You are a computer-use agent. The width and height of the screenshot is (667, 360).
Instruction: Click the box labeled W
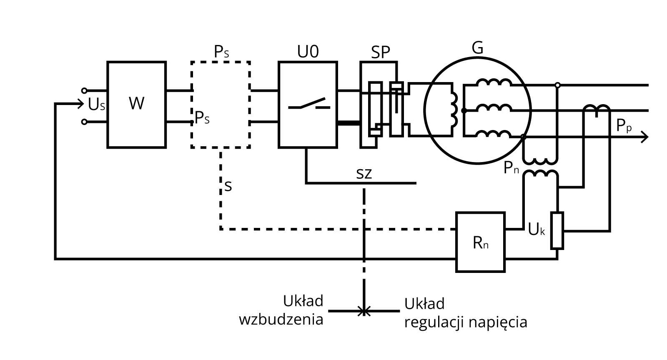tap(136, 104)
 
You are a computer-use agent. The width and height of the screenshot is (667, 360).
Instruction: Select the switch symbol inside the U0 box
tap(309, 104)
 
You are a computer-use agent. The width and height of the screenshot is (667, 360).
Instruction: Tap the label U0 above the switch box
tap(308, 52)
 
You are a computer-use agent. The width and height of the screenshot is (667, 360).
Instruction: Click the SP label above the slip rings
tap(380, 52)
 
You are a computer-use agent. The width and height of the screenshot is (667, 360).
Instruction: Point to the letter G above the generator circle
tap(477, 48)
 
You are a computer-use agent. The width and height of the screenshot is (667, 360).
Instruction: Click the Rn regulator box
tap(480, 242)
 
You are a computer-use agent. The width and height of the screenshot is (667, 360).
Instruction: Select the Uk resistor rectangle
tap(557, 230)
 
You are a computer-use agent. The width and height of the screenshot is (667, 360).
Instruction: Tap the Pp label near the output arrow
tap(624, 125)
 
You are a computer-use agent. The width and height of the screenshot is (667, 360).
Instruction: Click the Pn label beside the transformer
tap(511, 168)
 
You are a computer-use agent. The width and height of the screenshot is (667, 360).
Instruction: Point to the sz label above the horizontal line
tap(364, 173)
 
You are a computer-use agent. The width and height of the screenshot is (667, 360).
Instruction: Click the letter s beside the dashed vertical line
tap(228, 185)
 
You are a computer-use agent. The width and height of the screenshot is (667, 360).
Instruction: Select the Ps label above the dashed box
tap(221, 52)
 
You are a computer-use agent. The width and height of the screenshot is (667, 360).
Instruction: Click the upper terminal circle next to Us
tap(84, 90)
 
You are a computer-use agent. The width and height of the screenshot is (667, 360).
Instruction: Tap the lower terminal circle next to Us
tap(84, 122)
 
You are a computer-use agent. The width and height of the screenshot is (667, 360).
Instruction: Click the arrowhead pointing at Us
tap(80, 104)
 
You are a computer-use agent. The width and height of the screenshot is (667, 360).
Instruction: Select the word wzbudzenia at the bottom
tap(281, 320)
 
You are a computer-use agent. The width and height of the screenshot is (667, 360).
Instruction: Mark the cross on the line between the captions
tap(364, 311)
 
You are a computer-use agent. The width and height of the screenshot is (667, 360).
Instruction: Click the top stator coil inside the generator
tap(494, 83)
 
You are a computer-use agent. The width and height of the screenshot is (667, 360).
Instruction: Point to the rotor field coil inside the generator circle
tap(453, 110)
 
